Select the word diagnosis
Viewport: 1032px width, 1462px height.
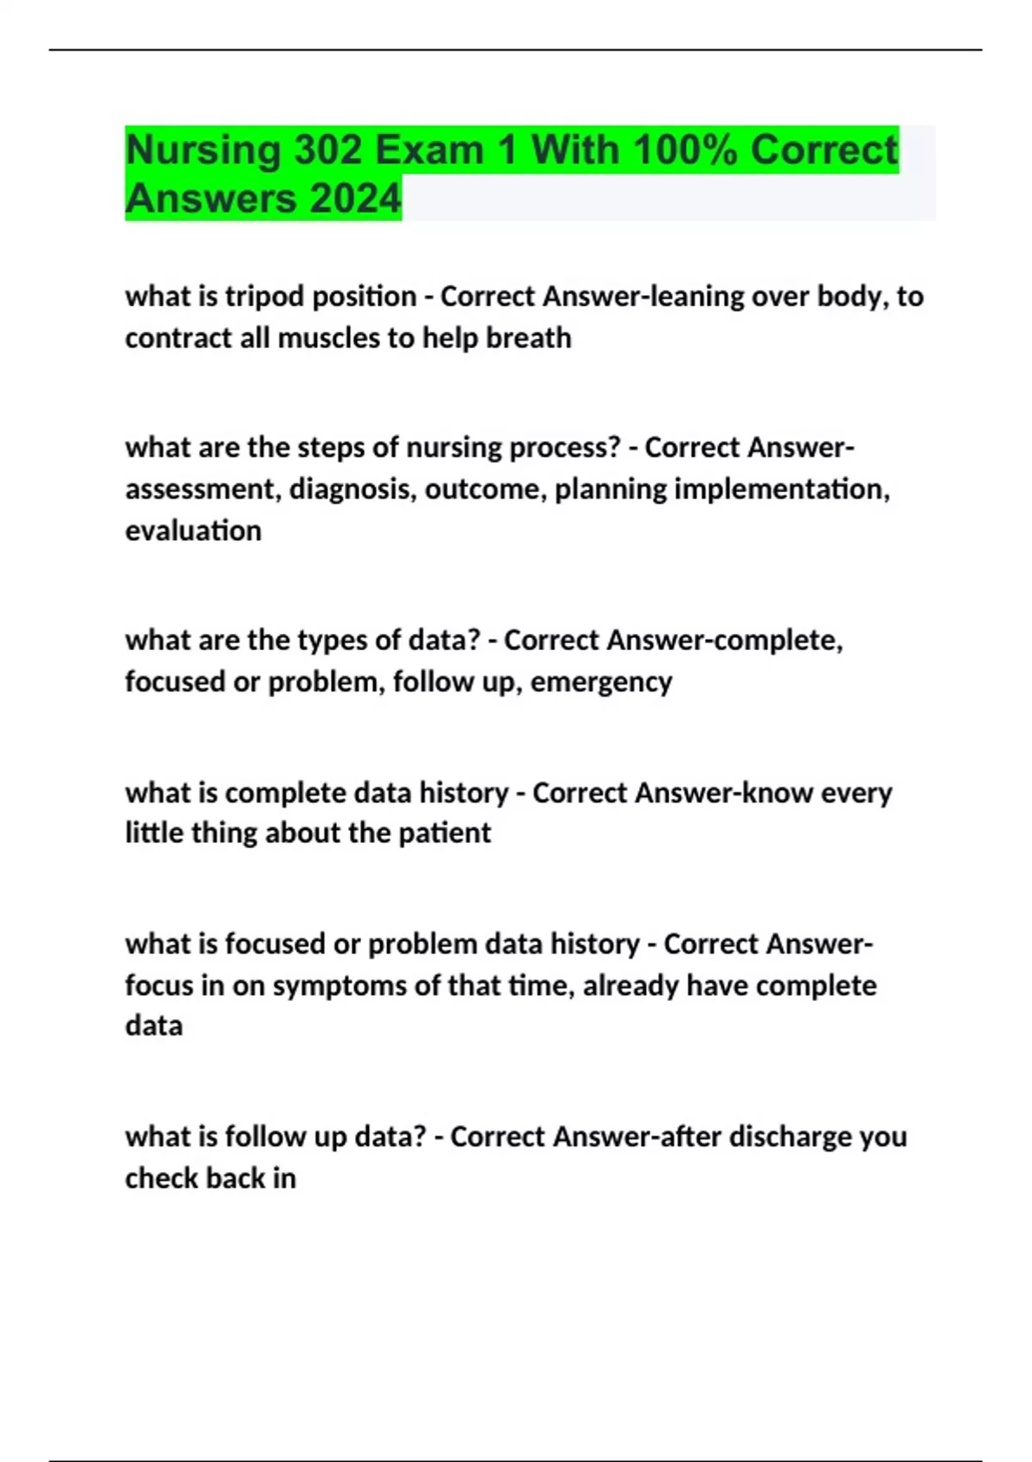(353, 489)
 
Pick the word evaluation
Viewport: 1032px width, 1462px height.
(193, 531)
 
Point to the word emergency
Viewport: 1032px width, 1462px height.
(601, 682)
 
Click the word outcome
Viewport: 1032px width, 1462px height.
(486, 489)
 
